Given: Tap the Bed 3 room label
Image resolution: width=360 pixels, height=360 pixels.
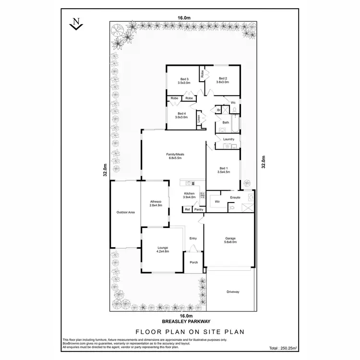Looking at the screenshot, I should tap(184, 81).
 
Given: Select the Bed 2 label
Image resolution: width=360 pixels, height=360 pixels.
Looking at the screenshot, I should tap(223, 80).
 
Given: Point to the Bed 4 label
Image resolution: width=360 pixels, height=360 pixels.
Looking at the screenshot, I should tap(181, 116).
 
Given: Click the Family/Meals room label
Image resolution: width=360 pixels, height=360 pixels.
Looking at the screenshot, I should tap(175, 156).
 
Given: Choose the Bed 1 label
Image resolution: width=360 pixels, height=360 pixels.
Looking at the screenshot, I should tap(223, 170).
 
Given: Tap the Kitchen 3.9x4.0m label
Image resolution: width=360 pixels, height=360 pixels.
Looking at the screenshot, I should tap(190, 195).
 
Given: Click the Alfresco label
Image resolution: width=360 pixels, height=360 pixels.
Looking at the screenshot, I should tap(156, 203).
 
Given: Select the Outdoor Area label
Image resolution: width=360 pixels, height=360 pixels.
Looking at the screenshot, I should tap(125, 212).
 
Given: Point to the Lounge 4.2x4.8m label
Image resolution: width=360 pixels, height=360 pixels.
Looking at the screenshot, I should tap(163, 250).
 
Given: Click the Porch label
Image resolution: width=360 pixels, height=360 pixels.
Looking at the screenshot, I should tap(194, 262).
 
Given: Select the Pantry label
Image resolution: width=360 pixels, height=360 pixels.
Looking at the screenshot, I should tap(199, 210).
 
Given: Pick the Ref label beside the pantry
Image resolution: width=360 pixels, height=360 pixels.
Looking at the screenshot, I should tap(187, 210).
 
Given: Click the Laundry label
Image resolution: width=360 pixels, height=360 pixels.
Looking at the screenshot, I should tap(228, 139).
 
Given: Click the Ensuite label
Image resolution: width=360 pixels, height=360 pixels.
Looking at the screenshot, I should tap(235, 197).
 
